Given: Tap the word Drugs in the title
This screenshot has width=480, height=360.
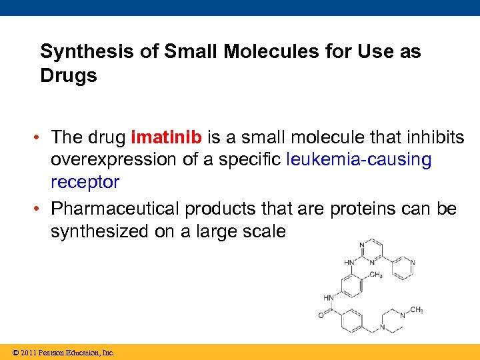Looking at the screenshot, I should (x=69, y=75).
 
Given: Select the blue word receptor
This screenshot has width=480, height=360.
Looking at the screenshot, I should (x=85, y=182).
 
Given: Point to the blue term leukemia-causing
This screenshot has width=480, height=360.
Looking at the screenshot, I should (x=359, y=160).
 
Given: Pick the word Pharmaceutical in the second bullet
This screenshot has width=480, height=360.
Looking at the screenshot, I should (x=115, y=209).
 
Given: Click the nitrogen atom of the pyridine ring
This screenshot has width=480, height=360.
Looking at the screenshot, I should (x=413, y=263).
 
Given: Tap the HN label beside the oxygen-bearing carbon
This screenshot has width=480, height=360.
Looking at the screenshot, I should (x=329, y=297).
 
